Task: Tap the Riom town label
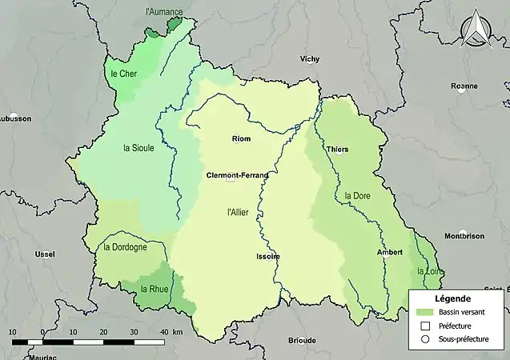[x=240, y=139]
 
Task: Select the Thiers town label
[x=337, y=150]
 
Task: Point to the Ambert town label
[x=390, y=252]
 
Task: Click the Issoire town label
[x=268, y=257]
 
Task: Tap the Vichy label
[x=309, y=59]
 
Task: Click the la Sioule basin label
[x=139, y=148]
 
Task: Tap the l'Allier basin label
[x=239, y=212]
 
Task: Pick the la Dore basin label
[x=357, y=195]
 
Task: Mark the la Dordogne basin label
[x=125, y=247]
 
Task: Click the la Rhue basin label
[x=154, y=289]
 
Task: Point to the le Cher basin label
[x=124, y=74]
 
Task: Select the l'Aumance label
[x=163, y=12]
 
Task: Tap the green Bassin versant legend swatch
[x=425, y=311]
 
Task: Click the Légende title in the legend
[x=452, y=298]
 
